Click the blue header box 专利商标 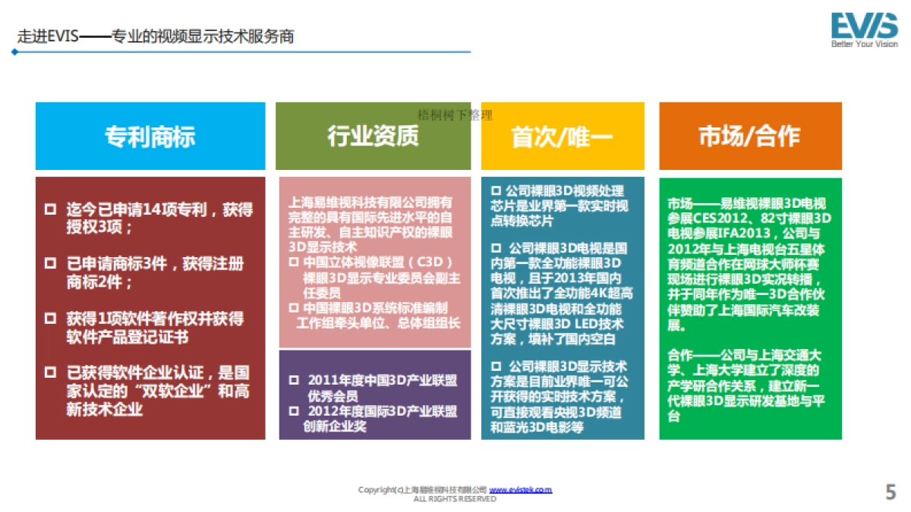pos(150,136)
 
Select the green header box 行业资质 pos(373,136)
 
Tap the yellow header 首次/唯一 pos(563,136)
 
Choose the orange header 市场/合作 pos(749,136)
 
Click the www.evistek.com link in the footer pos(520,490)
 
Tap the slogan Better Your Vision pos(864,44)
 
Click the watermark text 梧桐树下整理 pos(455,115)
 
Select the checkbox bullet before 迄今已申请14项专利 pos(50,209)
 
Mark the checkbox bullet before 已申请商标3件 pos(50,264)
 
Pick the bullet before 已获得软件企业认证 pos(50,373)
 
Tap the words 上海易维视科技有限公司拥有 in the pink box pos(370,203)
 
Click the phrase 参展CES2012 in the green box pos(702,217)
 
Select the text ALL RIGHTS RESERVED pos(455,499)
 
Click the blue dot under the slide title pos(14,52)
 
